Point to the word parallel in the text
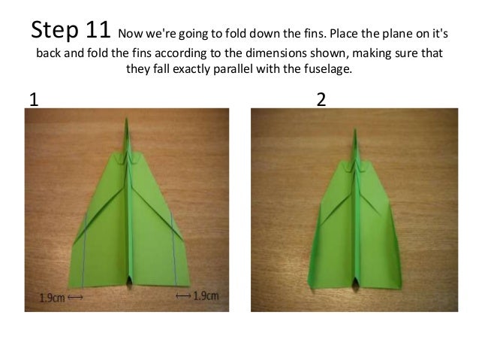coord(224,71)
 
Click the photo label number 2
coord(321,100)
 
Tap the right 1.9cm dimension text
coord(206,295)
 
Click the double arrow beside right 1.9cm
coord(182,295)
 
